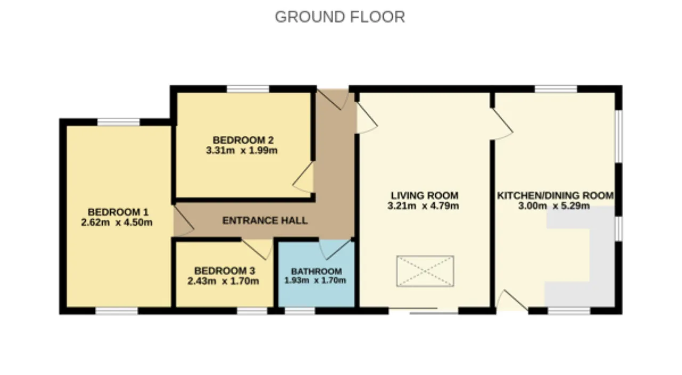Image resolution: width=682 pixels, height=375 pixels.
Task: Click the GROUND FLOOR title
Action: [x=340, y=17]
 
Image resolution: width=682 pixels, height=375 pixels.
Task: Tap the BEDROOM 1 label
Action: [x=118, y=212]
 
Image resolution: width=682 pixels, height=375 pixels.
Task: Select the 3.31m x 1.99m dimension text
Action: [x=242, y=150]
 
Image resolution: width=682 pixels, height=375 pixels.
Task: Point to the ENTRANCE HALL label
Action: [x=265, y=221]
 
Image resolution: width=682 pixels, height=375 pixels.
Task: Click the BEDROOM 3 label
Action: [x=225, y=271]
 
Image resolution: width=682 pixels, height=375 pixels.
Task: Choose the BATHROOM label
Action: [x=316, y=271]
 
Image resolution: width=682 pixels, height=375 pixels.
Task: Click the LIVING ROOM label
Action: [x=425, y=195]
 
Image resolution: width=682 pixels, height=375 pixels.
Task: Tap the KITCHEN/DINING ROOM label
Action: [x=555, y=195]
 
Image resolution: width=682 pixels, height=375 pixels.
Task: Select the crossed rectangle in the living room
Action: [x=425, y=271]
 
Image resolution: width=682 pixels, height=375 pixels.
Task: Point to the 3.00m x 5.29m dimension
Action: [x=554, y=206]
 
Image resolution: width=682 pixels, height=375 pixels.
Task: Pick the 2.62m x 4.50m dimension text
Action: [x=117, y=223]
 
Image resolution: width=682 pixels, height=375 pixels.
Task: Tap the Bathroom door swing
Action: [x=335, y=250]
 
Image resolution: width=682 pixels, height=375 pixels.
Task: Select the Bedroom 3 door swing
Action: [x=257, y=250]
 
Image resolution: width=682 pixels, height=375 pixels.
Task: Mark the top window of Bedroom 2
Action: [x=248, y=89]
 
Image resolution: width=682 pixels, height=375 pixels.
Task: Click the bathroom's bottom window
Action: [x=299, y=311]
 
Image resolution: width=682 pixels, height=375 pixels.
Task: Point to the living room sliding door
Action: [x=424, y=311]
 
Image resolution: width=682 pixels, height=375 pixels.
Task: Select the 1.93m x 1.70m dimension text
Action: [x=315, y=280]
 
